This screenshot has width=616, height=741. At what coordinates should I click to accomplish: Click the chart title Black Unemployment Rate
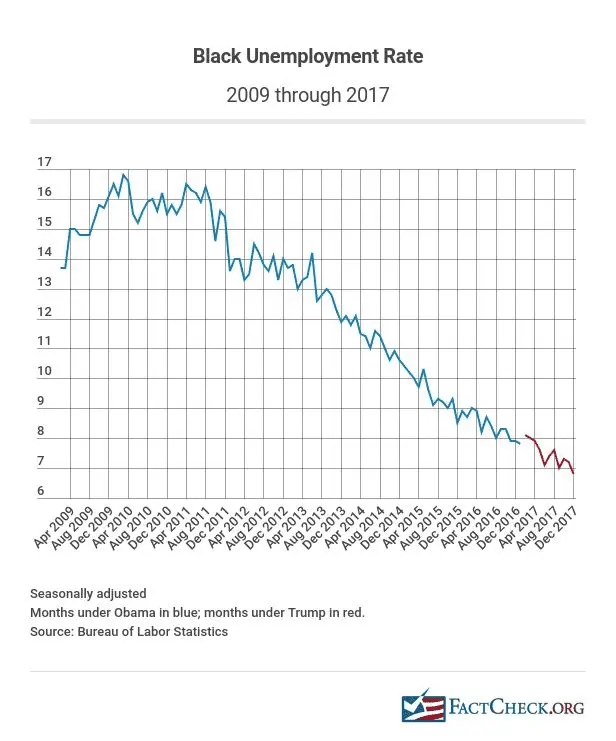(307, 56)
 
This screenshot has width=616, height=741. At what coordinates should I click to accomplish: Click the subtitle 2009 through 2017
(307, 96)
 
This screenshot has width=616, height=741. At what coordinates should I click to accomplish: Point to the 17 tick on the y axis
(44, 162)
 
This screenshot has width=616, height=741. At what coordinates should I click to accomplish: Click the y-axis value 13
(44, 282)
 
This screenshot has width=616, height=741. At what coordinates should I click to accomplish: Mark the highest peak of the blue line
(124, 175)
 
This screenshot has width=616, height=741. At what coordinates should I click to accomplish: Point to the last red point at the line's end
(573, 473)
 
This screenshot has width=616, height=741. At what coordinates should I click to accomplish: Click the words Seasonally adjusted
(88, 593)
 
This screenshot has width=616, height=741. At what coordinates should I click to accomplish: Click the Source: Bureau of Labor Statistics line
(129, 631)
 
